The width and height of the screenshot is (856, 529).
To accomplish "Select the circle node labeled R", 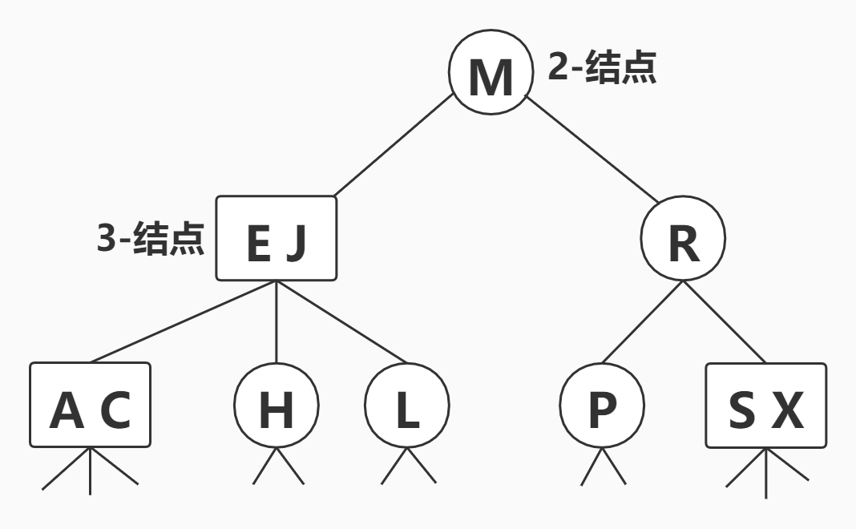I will [x=683, y=239].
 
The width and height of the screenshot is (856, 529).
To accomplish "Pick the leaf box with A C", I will [x=90, y=405].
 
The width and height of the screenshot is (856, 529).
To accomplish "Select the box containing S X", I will [x=765, y=405].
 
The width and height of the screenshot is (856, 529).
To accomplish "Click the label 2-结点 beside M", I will [x=602, y=69].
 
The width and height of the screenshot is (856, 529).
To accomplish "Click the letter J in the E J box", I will [x=297, y=244].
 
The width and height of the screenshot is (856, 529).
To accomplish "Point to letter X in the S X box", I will [x=787, y=410].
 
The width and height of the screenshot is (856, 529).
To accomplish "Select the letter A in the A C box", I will [x=67, y=410].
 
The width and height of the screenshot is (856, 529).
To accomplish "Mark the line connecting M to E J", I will [x=393, y=147].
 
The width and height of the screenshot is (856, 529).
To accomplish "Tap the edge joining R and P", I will [x=642, y=321].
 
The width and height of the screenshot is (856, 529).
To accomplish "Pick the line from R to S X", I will [x=724, y=321].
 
